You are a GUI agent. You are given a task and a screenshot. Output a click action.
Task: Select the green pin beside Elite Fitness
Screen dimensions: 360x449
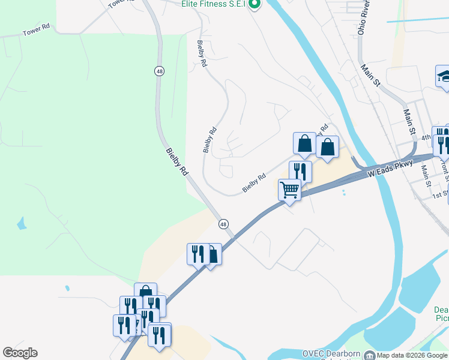pos(255,5)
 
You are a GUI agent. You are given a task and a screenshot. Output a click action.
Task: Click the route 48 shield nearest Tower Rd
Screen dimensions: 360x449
pos(159,71)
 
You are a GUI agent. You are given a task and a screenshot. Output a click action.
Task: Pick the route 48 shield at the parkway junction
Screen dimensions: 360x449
pos(223,224)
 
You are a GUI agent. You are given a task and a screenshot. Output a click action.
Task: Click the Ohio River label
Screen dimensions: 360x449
pos(363,18)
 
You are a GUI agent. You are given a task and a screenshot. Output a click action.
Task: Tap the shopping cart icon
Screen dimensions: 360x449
pos(289,190)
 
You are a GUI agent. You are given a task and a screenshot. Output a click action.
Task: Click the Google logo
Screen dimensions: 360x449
pos(20,353)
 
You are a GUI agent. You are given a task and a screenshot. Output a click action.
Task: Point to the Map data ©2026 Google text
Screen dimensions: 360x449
pos(412,355)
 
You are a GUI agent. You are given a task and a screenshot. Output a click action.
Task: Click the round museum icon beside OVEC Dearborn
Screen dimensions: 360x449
pos(369,355)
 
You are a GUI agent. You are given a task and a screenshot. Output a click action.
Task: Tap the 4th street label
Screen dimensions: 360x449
pos(426,137)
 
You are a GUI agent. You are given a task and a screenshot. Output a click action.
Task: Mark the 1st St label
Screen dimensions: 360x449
pos(441,194)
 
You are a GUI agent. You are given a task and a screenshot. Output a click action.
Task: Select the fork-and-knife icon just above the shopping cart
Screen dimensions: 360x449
pos(300,171)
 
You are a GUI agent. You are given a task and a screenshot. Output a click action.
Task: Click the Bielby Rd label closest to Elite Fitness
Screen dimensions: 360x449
pos(202,53)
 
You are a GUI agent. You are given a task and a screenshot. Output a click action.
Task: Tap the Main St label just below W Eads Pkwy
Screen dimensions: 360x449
pos(426,176)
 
